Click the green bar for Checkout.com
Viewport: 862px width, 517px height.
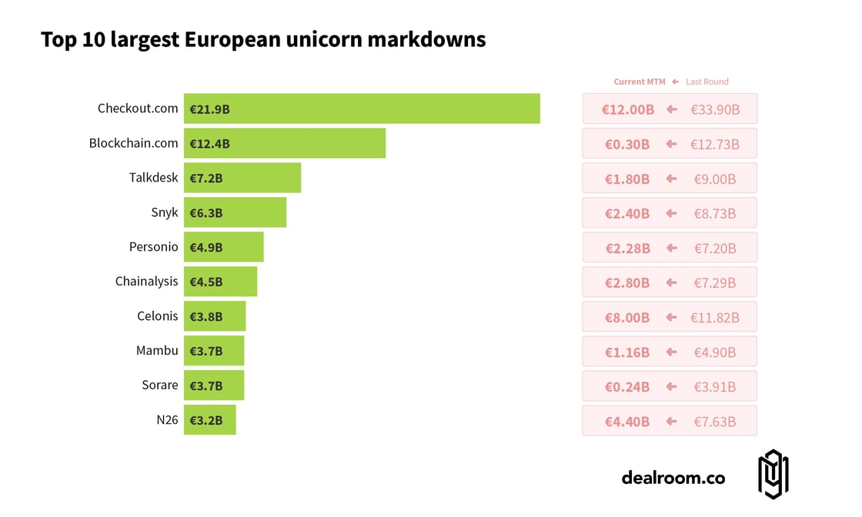(362, 108)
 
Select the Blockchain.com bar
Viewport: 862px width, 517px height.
(285, 143)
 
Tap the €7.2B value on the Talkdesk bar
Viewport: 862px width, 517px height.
(206, 178)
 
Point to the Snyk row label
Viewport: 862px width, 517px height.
(165, 212)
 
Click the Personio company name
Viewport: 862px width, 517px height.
(154, 247)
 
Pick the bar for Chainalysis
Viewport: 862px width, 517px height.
(220, 282)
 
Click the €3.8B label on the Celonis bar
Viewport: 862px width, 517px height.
(206, 317)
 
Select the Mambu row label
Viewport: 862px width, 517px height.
(157, 351)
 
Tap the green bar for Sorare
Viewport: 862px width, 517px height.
(214, 385)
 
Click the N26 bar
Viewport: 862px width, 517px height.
(209, 420)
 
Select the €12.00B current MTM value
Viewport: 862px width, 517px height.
(628, 109)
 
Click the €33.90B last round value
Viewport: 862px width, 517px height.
(715, 109)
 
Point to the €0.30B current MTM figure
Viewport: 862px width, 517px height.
(626, 144)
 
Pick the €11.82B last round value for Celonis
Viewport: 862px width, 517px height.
(715, 317)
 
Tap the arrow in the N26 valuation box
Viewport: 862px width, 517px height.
(671, 421)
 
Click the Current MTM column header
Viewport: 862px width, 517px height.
(640, 82)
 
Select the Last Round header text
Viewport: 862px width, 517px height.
(707, 82)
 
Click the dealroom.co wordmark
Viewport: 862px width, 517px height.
(673, 478)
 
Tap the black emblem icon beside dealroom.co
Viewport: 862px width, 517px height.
(773, 475)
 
